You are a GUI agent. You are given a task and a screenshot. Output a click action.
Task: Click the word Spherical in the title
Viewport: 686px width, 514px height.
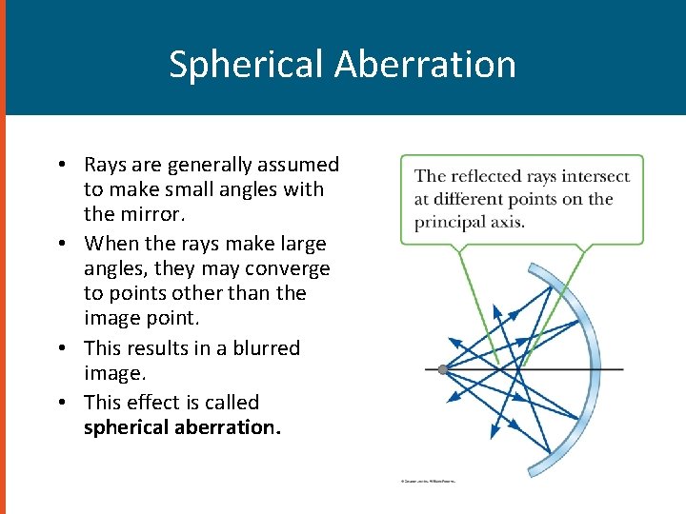[x=246, y=65]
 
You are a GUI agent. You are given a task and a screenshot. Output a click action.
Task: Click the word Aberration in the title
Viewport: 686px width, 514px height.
[x=425, y=65]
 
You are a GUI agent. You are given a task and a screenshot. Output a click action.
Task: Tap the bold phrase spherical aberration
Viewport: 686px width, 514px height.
[x=181, y=427]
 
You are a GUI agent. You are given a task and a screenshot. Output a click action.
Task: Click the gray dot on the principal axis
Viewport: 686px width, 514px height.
[x=443, y=369]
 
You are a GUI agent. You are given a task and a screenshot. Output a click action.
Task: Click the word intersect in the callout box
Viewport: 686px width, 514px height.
[x=595, y=176]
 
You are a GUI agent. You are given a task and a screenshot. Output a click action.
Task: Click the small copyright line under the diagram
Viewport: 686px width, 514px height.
[x=428, y=482]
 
